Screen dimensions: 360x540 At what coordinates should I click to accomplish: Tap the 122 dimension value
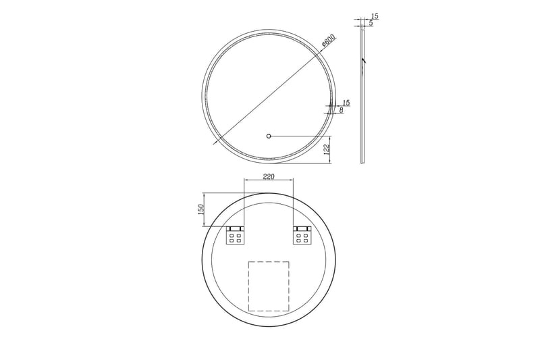click(x=327, y=149)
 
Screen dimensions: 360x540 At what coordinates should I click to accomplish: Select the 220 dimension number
click(x=269, y=176)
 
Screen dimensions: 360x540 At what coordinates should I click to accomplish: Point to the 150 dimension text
click(x=200, y=209)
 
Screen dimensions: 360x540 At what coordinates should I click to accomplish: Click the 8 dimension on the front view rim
click(x=342, y=110)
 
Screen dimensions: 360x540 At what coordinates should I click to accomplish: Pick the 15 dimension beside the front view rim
click(x=346, y=102)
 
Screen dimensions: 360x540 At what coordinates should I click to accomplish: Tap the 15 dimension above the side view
click(x=374, y=16)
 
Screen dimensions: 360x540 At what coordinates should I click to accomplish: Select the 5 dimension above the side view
click(x=371, y=24)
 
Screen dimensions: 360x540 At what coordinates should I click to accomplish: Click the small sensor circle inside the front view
click(x=269, y=136)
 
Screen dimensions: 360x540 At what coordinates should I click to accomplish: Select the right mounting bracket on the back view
click(x=301, y=236)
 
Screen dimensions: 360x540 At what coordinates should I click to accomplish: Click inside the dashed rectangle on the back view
click(x=269, y=286)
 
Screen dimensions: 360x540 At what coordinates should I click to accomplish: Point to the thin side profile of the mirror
click(x=362, y=101)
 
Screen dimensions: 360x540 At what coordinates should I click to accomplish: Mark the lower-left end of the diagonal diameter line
click(x=215, y=144)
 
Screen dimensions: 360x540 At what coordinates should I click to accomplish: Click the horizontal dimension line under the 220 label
click(x=269, y=181)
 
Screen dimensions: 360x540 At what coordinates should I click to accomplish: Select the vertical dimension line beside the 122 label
click(x=332, y=149)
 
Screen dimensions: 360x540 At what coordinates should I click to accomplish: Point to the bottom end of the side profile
click(x=362, y=163)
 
